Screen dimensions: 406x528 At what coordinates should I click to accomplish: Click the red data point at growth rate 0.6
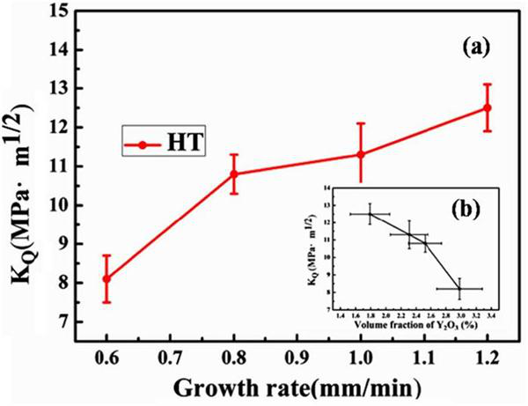tap(106, 278)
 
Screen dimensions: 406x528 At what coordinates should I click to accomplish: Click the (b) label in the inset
tap(464, 211)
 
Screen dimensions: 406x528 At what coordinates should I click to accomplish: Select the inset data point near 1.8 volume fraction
tap(370, 214)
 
